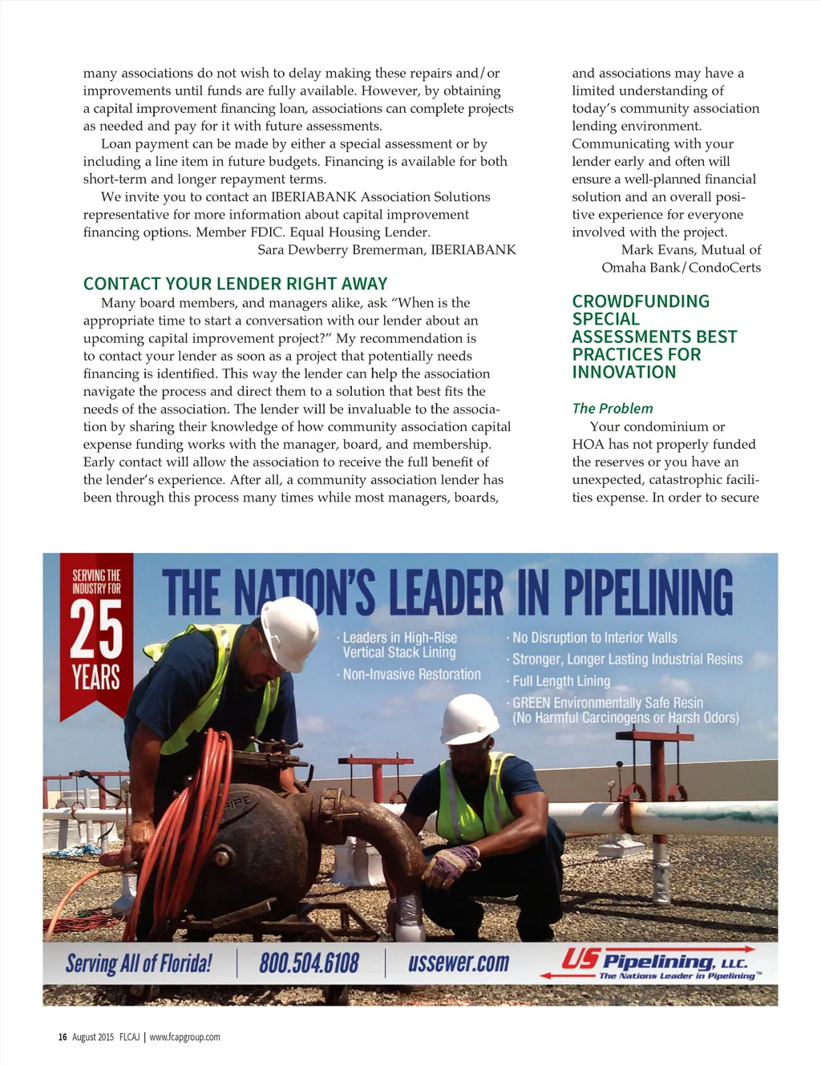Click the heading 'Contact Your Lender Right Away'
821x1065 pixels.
click(235, 284)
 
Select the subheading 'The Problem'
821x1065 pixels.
click(613, 409)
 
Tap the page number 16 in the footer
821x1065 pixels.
click(63, 1037)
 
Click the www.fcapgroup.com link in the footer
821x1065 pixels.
click(184, 1037)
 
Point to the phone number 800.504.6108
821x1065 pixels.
click(309, 962)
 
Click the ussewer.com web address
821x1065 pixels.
click(459, 962)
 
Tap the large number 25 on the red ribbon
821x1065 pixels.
click(96, 630)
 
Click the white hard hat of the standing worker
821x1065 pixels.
click(289, 631)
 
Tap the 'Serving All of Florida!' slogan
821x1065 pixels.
click(139, 962)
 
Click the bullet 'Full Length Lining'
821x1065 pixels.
click(561, 681)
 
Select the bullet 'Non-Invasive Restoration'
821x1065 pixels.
click(411, 675)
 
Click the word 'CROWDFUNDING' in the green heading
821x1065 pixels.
click(641, 301)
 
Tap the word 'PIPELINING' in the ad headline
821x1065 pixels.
click(648, 593)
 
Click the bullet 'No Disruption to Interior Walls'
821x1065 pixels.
click(594, 638)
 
